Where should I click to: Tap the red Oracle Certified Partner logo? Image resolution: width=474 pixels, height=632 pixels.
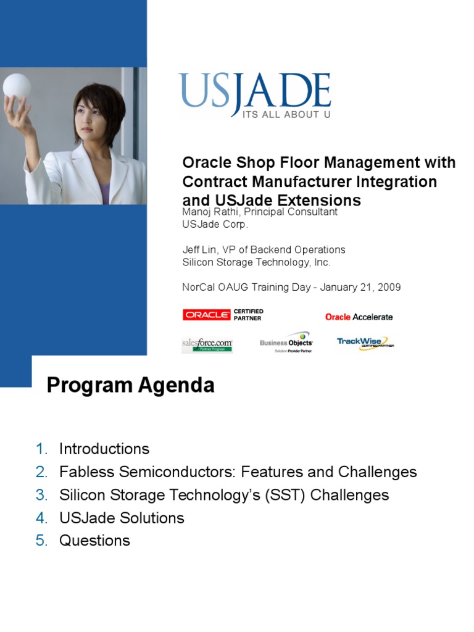pos(223,315)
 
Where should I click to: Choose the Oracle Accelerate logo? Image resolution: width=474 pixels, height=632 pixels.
pos(359,317)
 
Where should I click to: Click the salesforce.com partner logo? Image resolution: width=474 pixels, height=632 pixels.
pos(207,344)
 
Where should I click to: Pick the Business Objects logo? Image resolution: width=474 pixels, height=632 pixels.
pos(286,343)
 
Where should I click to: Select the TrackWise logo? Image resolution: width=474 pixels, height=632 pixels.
pos(365,343)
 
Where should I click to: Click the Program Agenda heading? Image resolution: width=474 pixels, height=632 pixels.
pos(131,386)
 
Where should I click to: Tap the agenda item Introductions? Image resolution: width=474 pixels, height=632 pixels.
pos(104,449)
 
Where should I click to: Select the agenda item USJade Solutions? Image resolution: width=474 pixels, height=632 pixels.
pos(122,518)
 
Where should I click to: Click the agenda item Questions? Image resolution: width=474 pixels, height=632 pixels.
pos(94,541)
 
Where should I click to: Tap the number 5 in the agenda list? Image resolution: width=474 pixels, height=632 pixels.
pos(41,541)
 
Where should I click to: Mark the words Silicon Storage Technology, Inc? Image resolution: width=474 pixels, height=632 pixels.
pos(256,262)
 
